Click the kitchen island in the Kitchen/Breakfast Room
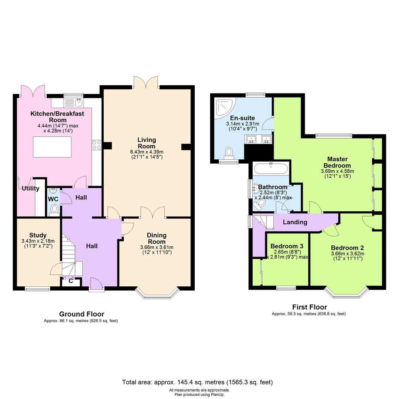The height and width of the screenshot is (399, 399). [x=52, y=147]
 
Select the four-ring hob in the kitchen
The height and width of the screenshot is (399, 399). [x=96, y=145]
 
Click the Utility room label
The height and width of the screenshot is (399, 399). [x=30, y=188]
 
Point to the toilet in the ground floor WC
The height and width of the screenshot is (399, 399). [x=54, y=209]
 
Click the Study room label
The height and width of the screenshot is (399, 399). [x=38, y=235]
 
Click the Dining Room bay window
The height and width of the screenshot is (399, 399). [x=157, y=293]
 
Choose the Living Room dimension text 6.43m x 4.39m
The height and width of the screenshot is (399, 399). [x=147, y=152]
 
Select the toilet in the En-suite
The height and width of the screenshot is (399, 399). [x=229, y=153]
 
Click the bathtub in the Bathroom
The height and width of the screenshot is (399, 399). [x=271, y=169]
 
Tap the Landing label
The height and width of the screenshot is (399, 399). [x=295, y=222]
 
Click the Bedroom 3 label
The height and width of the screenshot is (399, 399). [x=287, y=246]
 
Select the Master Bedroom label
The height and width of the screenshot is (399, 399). [x=337, y=163]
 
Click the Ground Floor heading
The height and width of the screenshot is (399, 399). [x=82, y=314]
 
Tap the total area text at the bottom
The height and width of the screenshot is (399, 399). [x=197, y=382]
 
